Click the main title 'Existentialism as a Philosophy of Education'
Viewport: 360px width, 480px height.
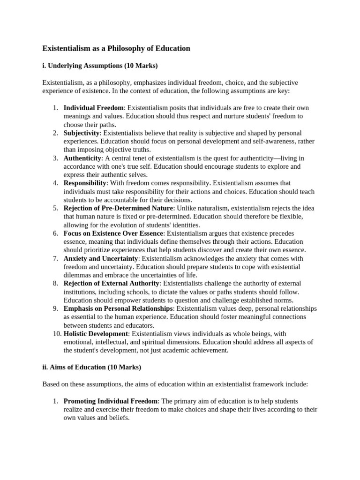pos(116,48)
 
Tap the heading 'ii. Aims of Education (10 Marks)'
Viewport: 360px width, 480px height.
pos(91,367)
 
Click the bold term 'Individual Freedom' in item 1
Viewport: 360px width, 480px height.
pos(94,108)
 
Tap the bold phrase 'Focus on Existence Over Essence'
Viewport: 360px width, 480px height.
pos(113,233)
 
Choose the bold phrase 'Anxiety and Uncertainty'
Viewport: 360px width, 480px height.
pos(101,258)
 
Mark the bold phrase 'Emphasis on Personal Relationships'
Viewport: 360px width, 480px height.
pos(118,308)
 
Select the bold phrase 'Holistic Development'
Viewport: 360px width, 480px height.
pos(96,334)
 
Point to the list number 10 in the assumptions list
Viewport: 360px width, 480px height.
pos(56,334)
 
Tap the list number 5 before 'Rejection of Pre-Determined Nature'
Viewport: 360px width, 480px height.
pos(55,208)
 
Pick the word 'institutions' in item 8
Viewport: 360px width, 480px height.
pos(80,292)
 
